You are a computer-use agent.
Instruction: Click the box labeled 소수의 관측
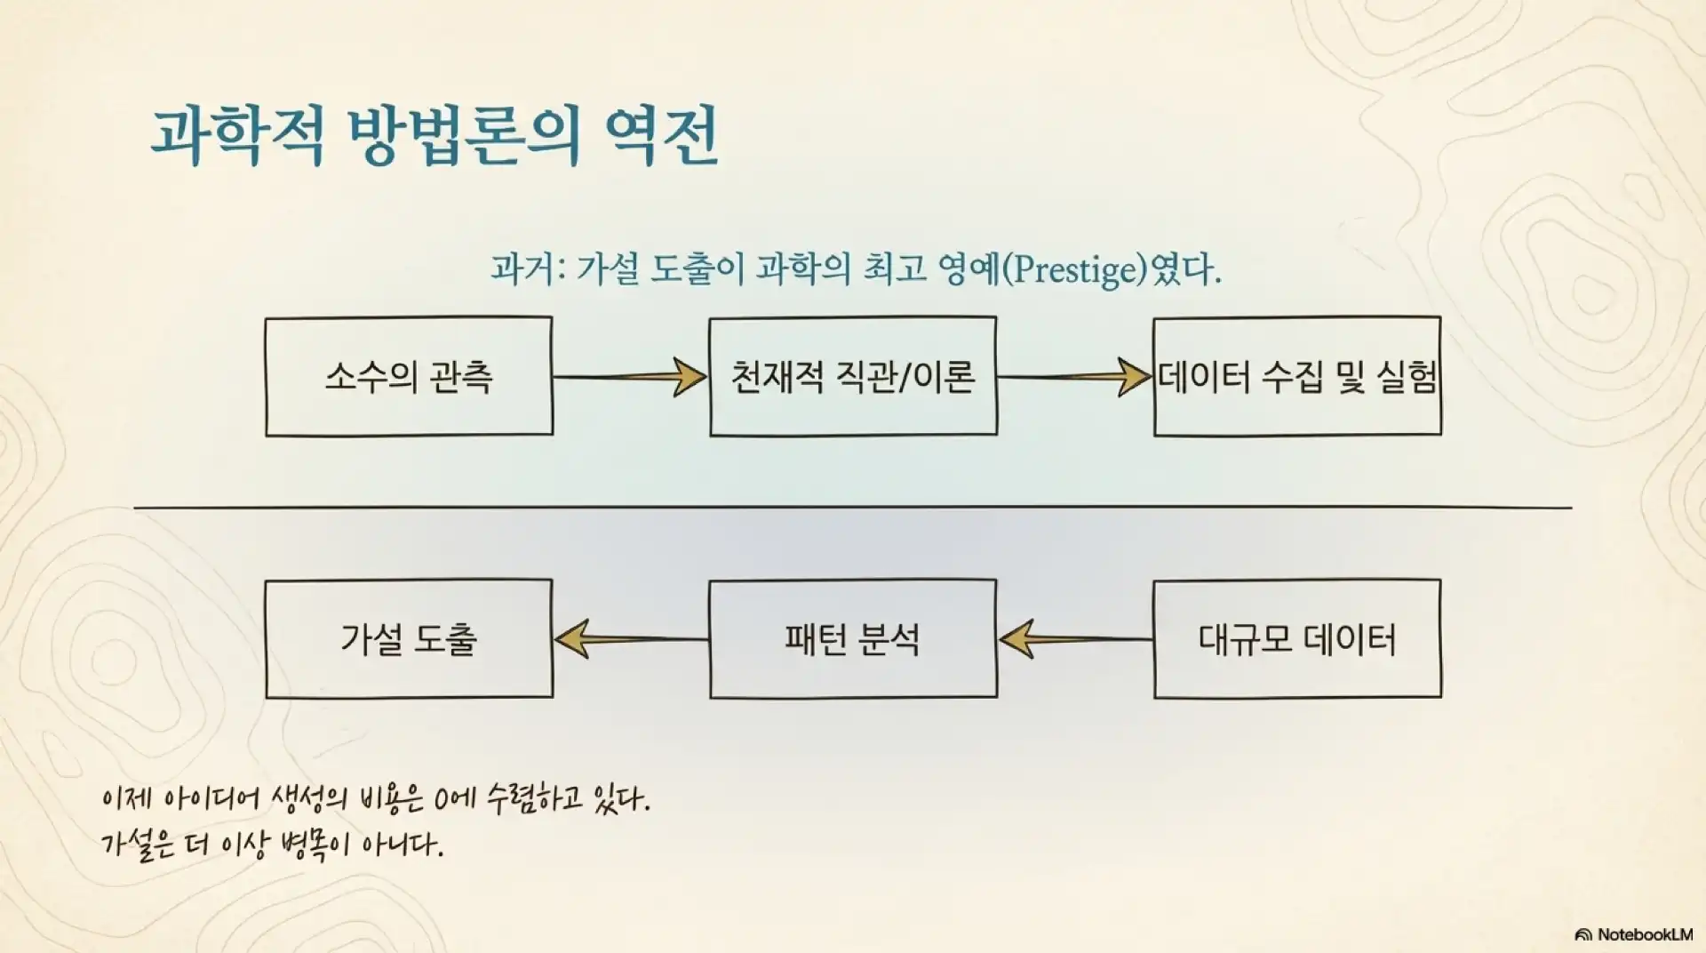[409, 377]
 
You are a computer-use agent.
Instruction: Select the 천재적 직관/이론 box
[853, 377]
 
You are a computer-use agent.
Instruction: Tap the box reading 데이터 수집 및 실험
[1297, 377]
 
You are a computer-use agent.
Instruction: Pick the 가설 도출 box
[409, 639]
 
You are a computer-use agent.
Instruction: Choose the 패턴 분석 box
[853, 639]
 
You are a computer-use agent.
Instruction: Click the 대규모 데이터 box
[1297, 639]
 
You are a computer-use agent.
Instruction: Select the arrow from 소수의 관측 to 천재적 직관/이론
[630, 377]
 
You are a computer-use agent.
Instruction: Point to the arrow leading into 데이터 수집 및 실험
[1074, 377]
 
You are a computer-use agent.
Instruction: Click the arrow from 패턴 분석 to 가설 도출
[630, 639]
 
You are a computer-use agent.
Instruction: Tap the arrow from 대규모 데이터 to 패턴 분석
[1074, 639]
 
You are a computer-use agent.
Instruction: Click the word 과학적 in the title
[238, 137]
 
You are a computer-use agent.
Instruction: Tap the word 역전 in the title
[661, 137]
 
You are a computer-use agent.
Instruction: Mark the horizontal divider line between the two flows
[853, 508]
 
